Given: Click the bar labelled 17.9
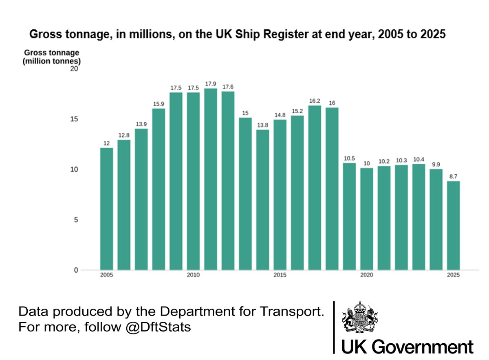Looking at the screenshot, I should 210,179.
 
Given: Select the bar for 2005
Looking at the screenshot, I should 106,209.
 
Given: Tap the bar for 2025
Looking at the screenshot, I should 453,225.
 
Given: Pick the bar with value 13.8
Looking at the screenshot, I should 262,200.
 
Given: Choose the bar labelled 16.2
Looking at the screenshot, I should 315,188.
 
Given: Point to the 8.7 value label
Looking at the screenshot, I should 453,177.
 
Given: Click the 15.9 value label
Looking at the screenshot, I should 159,104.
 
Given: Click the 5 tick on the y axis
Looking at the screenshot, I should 75,220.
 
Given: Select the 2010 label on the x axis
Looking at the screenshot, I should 193,275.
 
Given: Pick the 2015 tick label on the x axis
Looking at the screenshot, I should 280,275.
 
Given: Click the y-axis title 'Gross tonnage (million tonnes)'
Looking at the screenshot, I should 52,57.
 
